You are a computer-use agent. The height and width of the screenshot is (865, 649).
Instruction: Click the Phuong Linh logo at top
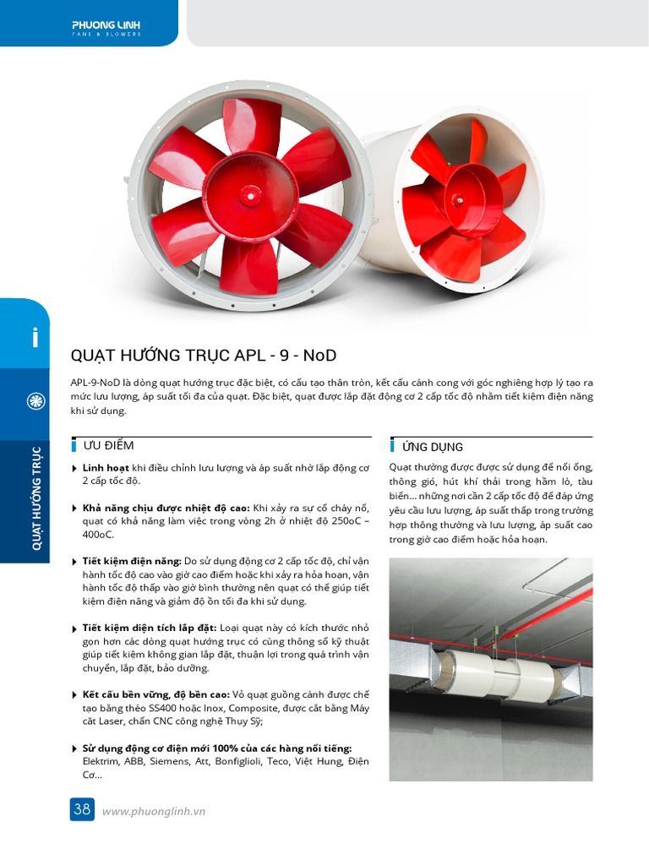tap(106, 28)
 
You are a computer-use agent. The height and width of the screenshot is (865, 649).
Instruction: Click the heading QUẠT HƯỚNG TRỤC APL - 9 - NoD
tap(204, 356)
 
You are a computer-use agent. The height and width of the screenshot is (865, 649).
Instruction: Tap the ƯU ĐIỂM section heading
tap(108, 445)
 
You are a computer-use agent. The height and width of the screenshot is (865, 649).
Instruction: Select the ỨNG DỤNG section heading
tap(432, 447)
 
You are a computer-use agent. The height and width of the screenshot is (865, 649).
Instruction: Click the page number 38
tap(82, 809)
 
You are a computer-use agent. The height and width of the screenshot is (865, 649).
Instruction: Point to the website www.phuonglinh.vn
tap(154, 811)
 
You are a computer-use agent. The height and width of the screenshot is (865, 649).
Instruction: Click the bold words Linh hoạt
tap(106, 467)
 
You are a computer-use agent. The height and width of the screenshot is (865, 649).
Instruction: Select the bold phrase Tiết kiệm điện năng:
tap(131, 560)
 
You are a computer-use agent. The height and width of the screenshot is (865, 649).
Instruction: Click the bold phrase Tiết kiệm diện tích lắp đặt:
tap(150, 628)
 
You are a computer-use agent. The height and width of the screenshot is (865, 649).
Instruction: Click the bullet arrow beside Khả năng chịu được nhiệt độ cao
tap(75, 509)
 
